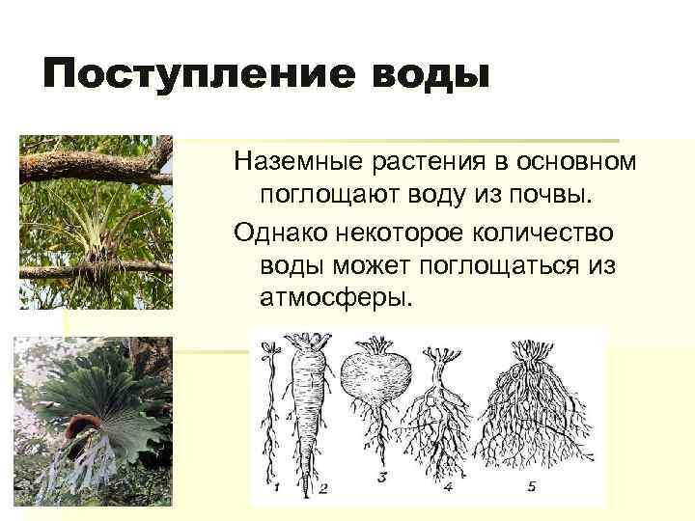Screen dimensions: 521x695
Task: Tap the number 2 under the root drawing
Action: pyautogui.click(x=323, y=488)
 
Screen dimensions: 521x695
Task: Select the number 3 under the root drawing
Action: pyautogui.click(x=381, y=477)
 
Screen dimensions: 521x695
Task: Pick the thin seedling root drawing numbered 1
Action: pyautogui.click(x=273, y=405)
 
